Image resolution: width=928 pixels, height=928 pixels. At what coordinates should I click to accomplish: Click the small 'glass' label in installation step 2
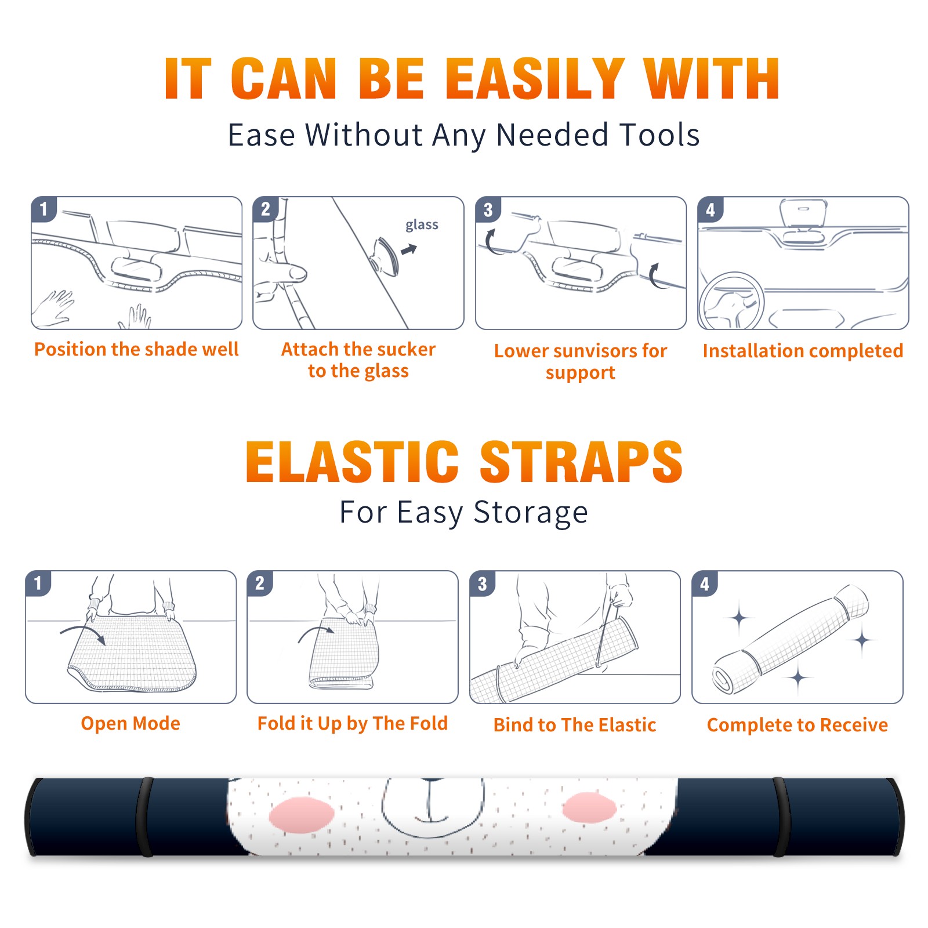(422, 225)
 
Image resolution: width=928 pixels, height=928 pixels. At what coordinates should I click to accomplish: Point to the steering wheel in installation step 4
(730, 301)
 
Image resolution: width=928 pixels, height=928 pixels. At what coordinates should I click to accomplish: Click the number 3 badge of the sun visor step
(488, 209)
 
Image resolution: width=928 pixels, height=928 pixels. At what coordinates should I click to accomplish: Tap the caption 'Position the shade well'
(136, 349)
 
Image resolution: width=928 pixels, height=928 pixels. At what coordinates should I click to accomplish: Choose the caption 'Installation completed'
(803, 350)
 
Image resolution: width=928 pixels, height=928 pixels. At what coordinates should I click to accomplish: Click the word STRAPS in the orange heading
(581, 462)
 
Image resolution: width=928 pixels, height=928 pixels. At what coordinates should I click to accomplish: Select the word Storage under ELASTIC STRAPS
(531, 513)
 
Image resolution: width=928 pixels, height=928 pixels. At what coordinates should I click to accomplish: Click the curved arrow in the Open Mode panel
(83, 633)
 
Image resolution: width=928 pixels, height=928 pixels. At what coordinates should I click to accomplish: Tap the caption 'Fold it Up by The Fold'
(353, 724)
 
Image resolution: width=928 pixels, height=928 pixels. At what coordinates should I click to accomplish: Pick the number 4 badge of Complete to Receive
(705, 583)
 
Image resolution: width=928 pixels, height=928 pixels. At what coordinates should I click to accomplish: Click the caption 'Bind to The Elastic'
(575, 724)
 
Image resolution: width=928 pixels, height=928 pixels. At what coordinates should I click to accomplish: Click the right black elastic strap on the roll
(780, 817)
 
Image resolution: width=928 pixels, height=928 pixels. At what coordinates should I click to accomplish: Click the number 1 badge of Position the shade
(43, 209)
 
